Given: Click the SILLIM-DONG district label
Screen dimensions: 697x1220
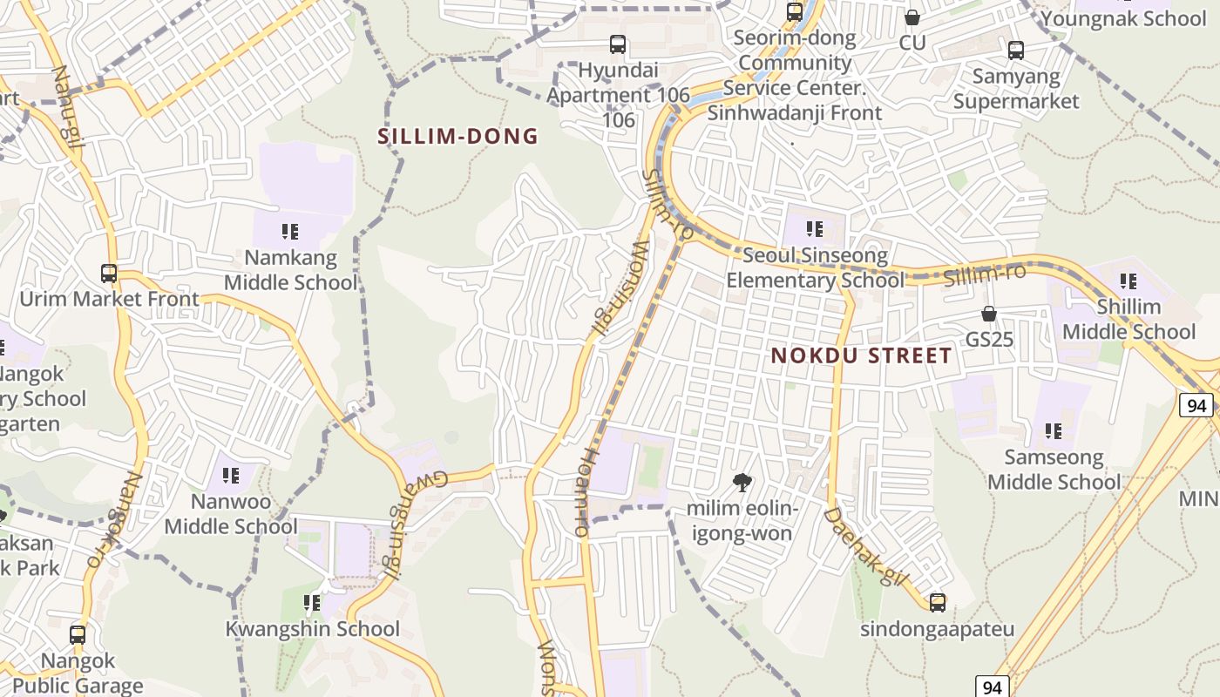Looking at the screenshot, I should coord(457,137).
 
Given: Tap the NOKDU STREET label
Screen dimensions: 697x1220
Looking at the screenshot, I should coord(861,355).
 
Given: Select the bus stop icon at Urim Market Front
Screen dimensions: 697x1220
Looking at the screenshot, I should coord(109,274).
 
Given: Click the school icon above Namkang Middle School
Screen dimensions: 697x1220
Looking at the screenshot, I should coord(290,232).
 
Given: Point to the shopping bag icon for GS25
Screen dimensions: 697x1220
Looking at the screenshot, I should coord(989,314).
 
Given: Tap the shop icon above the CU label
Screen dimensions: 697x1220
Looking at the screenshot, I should coord(912,17).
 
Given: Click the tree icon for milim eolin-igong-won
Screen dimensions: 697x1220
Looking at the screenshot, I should coord(742,482).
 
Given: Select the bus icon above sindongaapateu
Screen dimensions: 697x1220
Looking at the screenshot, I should coord(938,602).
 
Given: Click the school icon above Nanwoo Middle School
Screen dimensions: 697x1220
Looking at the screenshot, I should coord(231,476).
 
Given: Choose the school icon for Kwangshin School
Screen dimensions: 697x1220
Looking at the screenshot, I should coord(312,603).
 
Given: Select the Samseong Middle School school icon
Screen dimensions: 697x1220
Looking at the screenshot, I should coord(1054,431).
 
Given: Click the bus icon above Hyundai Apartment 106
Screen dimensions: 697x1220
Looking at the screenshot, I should coord(618,44).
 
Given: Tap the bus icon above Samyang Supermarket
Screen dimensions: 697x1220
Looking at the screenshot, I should coord(1015,51).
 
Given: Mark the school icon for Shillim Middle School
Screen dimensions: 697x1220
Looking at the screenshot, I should coord(1128,281).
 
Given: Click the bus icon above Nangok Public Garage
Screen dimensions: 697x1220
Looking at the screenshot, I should coord(78,635).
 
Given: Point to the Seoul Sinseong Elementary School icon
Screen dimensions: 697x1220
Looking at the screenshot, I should coord(815,230).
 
